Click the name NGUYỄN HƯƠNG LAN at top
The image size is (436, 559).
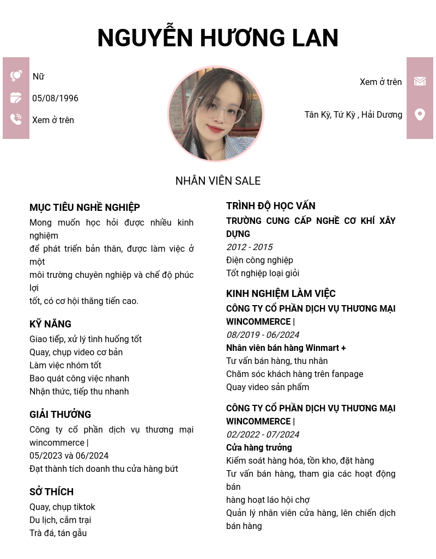coord(218,38)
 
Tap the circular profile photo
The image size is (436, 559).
coord(216,114)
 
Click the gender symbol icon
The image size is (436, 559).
coord(16,76)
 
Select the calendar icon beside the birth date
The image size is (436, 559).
coord(16,98)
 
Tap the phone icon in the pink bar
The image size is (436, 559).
coord(16,119)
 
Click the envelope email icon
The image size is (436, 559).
coord(420,81)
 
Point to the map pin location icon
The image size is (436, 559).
coord(420,114)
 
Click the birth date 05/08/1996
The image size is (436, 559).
coord(55,99)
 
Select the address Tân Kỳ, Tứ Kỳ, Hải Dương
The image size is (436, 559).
coord(353,115)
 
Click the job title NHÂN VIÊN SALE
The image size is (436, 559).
coord(218,181)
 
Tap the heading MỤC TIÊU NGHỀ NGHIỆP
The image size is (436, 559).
coord(84,208)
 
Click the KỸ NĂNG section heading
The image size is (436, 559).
coord(50,324)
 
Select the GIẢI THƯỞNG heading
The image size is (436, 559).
coord(60,415)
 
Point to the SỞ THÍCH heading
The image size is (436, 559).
coord(51,492)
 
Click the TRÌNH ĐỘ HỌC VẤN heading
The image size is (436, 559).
coord(270,206)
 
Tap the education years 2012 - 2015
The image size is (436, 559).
coord(249,247)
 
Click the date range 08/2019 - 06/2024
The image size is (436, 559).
coord(262,335)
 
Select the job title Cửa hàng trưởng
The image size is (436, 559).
coord(259,448)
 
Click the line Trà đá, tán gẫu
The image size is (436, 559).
coord(58,533)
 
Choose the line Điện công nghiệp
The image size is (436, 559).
coord(259,260)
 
